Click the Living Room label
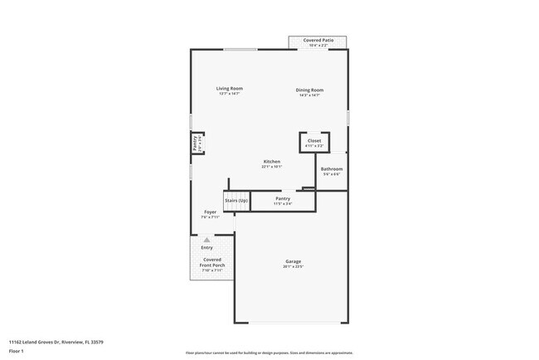pyautogui.click(x=229, y=89)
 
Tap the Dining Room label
pyautogui.click(x=310, y=90)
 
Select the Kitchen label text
pyautogui.click(x=272, y=161)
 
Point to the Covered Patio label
pyautogui.click(x=318, y=40)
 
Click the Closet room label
pyautogui.click(x=314, y=140)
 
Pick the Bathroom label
pyautogui.click(x=332, y=168)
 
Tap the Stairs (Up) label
pyautogui.click(x=236, y=201)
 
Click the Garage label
pyautogui.click(x=294, y=261)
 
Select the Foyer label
pyautogui.click(x=211, y=212)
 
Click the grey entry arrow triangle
pyautogui.click(x=206, y=240)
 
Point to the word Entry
pyautogui.click(x=206, y=247)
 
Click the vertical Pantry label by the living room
pyautogui.click(x=196, y=143)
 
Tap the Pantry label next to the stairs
pyautogui.click(x=283, y=198)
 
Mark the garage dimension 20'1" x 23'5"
pyautogui.click(x=294, y=266)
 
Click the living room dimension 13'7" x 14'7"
pyautogui.click(x=229, y=95)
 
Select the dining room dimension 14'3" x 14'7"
pyautogui.click(x=310, y=95)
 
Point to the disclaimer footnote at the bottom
pyautogui.click(x=269, y=353)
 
